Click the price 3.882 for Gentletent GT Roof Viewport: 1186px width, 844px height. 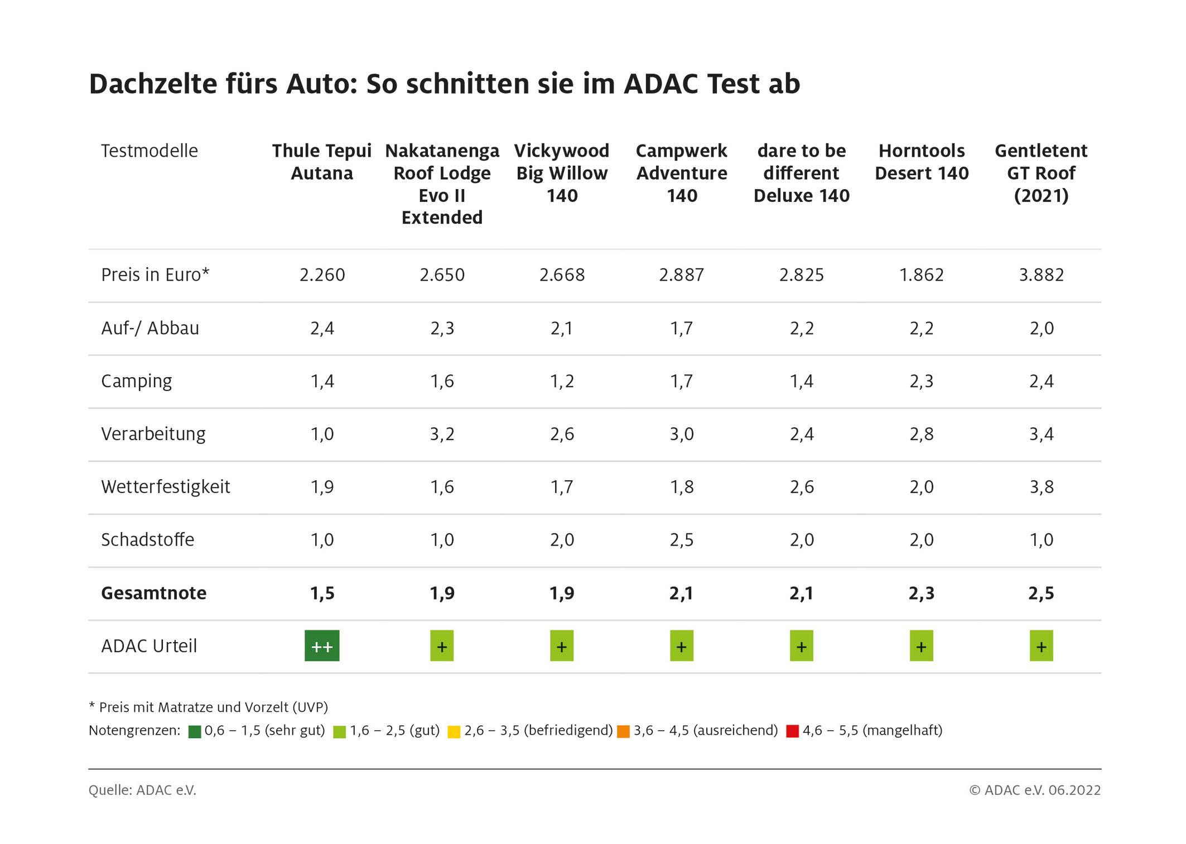coord(1041,275)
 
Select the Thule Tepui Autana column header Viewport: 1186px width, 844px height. coord(322,162)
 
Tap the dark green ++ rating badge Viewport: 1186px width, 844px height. coord(322,646)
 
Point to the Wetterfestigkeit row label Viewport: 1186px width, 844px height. coord(165,487)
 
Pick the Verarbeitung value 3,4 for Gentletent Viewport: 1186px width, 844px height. coord(1041,434)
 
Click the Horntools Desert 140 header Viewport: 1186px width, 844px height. coord(922,162)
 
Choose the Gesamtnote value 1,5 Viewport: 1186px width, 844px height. coord(322,593)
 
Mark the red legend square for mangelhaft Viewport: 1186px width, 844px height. coord(792,731)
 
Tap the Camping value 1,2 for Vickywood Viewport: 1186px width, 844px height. coord(562,381)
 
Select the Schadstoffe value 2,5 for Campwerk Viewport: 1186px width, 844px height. coord(682,540)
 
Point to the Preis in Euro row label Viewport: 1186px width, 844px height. coord(155,275)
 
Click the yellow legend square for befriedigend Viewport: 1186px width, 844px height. coord(454,731)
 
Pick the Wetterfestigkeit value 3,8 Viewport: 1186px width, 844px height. coord(1041,487)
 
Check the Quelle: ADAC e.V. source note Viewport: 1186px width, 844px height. coord(142,790)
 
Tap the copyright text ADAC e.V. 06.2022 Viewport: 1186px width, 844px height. coord(1035,790)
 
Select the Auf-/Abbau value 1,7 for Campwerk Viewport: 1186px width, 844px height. coord(682,328)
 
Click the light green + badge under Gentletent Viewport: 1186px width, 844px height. coord(1041,646)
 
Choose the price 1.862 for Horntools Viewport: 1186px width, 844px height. coord(922,275)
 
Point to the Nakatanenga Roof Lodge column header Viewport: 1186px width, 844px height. coord(442,184)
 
